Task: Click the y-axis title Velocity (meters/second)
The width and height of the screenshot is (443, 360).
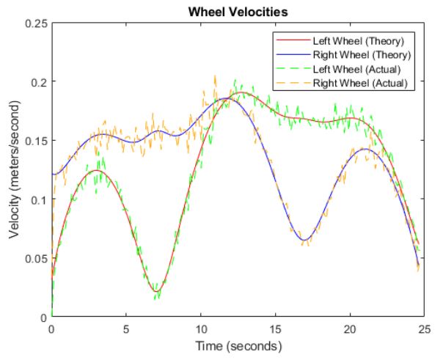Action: tap(15, 170)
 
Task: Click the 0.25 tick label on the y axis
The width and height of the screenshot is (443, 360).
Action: tap(34, 23)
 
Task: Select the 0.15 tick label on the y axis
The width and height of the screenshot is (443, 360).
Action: tap(34, 141)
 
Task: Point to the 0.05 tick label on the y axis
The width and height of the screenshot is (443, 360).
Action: tap(34, 258)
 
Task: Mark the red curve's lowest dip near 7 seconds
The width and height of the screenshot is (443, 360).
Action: tap(156, 293)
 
